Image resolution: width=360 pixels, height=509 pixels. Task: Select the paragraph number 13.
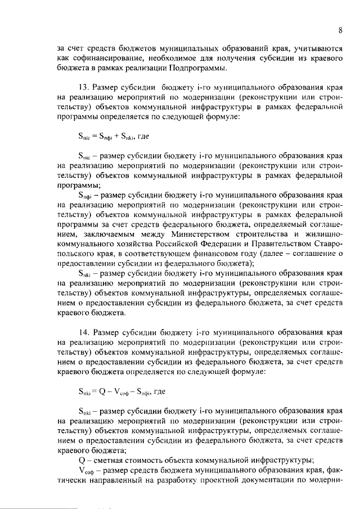click(82, 88)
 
